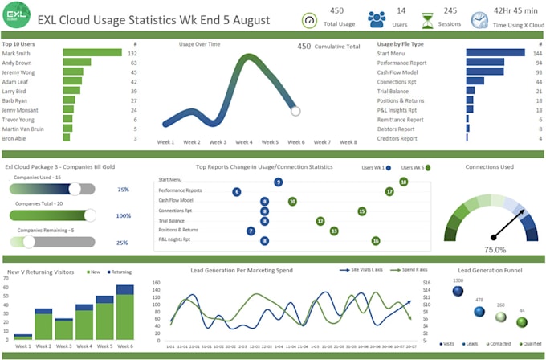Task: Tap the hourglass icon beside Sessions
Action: click(x=428, y=19)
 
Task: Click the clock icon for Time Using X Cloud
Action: click(x=479, y=19)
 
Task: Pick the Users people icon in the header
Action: click(x=376, y=19)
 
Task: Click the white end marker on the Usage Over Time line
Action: click(x=295, y=110)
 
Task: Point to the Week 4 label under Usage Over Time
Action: click(x=244, y=142)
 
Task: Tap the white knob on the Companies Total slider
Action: click(x=90, y=215)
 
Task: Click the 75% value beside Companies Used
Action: click(x=123, y=190)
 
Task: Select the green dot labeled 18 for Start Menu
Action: click(x=404, y=182)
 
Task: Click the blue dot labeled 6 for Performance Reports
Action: click(x=237, y=192)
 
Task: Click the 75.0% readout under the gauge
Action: click(x=495, y=250)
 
